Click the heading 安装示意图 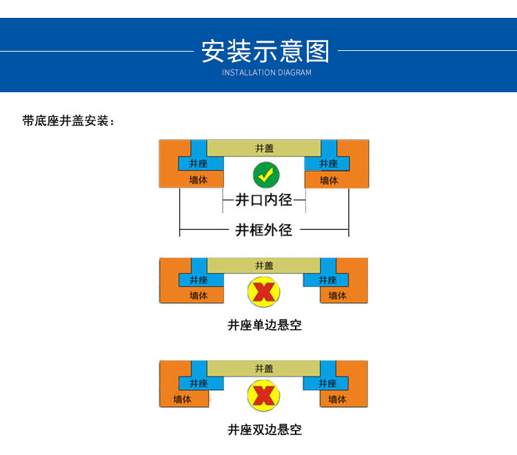click(265, 52)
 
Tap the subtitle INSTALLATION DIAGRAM click(266, 73)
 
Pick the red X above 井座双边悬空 click(263, 396)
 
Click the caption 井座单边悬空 click(265, 325)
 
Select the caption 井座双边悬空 click(265, 430)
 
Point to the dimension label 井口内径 click(264, 200)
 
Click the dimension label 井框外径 click(264, 229)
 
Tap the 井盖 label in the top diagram click(264, 148)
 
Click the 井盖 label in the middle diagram click(264, 266)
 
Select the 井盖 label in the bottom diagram click(264, 368)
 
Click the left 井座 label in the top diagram click(199, 164)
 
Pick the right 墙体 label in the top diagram click(330, 180)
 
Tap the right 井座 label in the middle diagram click(328, 280)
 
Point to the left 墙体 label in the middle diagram click(199, 295)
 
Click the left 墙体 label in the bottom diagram click(183, 399)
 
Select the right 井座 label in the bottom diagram click(328, 383)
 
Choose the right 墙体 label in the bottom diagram click(337, 399)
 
